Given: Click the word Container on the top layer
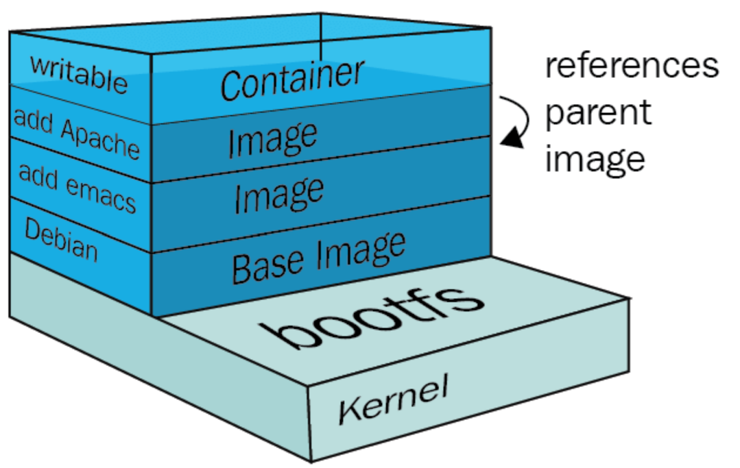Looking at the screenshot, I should [291, 79].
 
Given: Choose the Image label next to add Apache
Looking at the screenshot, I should [273, 137].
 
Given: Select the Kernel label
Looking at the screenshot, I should [393, 399].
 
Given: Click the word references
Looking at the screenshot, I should [631, 66].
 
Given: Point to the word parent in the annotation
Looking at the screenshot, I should [597, 114].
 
